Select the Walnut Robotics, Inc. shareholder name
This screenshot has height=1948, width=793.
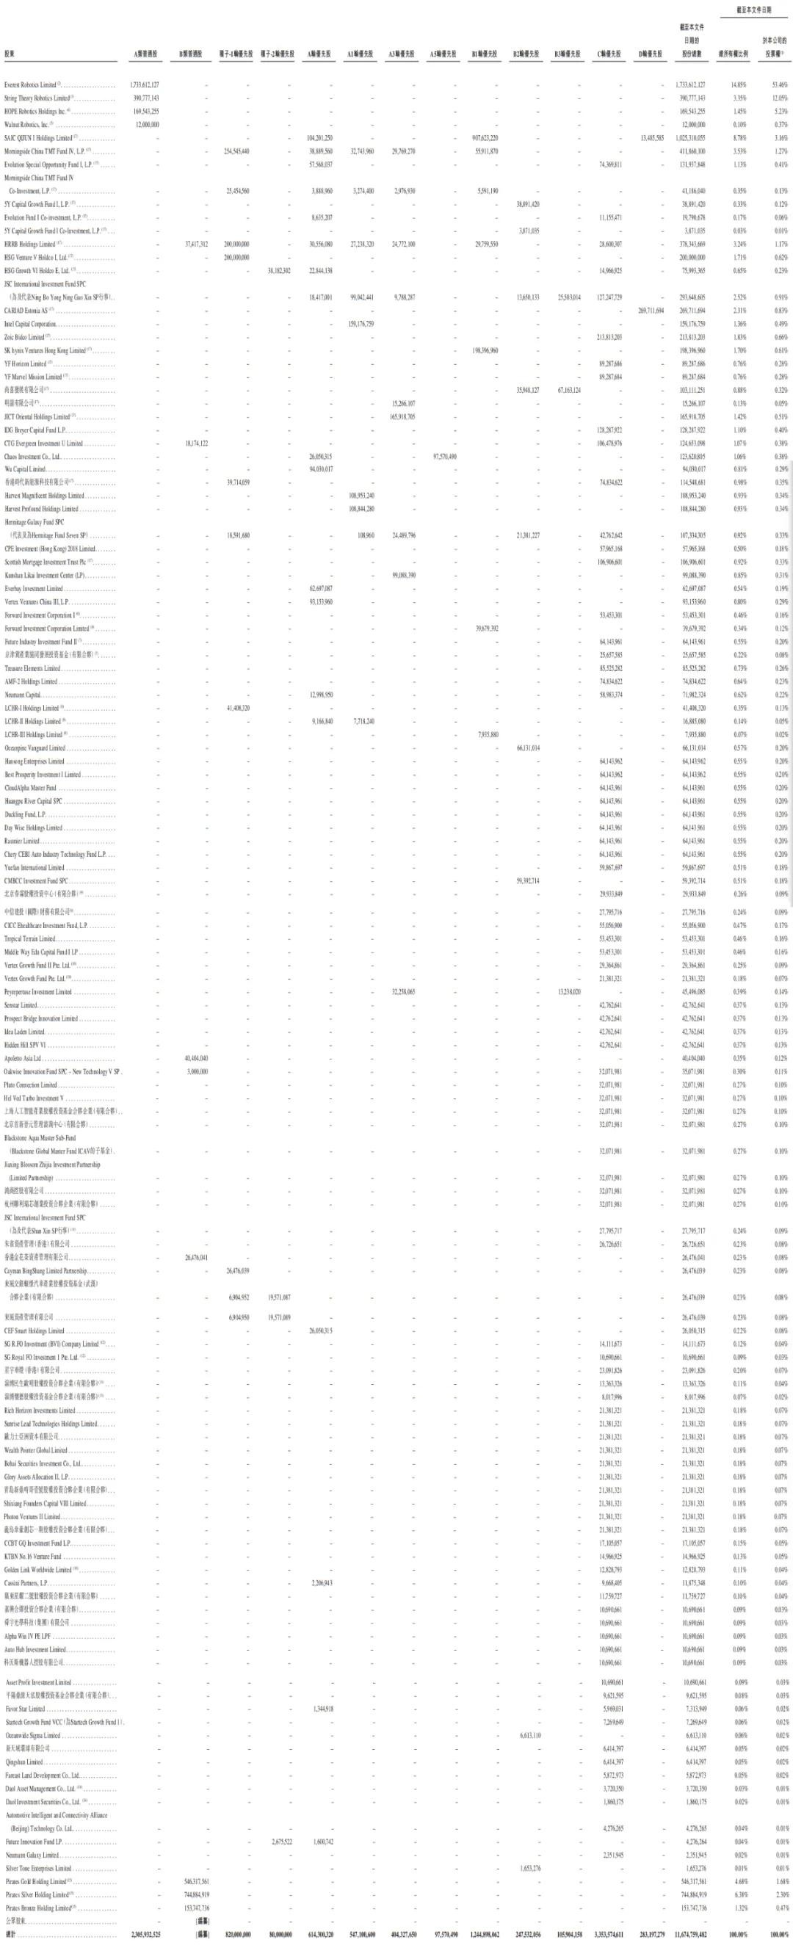[x=27, y=125]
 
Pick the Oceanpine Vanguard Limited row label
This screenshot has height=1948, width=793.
[x=34, y=748]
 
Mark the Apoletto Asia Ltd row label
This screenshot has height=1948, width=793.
[x=23, y=1059]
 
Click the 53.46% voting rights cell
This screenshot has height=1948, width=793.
[x=779, y=84]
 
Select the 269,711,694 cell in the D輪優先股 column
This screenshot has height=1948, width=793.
[x=650, y=311]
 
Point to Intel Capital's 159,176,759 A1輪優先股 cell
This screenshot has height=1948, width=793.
[x=361, y=325]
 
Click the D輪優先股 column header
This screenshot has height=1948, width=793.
[x=650, y=54]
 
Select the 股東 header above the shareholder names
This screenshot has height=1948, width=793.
[x=9, y=54]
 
